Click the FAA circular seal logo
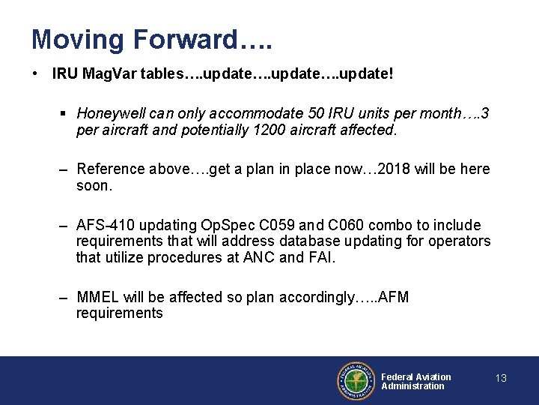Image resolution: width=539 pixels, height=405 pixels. [354, 381]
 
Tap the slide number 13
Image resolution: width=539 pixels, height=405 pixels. [501, 378]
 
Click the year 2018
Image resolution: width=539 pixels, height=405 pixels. [395, 169]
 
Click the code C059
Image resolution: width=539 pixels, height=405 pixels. [285, 225]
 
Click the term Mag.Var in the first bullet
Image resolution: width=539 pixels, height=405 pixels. [107, 73]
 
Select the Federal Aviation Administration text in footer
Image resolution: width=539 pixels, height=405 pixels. [415, 381]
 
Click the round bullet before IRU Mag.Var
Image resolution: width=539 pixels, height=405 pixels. [36, 73]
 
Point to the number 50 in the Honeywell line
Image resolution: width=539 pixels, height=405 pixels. [316, 114]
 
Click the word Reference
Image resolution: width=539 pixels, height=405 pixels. [110, 169]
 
